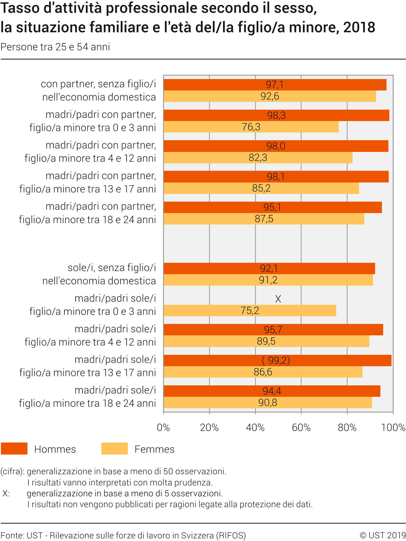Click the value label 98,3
tap(276, 115)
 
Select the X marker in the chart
tap(278, 299)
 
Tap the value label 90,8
tap(268, 403)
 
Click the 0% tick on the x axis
tap(163, 428)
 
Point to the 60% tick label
tap(301, 428)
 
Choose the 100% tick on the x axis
tap(393, 428)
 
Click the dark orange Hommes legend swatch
tap(14, 449)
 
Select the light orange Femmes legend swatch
tap(114, 449)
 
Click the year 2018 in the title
tap(359, 27)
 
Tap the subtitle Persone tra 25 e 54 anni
tap(55, 47)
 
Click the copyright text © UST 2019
tap(383, 535)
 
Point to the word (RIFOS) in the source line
tap(231, 535)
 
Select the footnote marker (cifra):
tap(12, 472)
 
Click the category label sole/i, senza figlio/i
tap(112, 268)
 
